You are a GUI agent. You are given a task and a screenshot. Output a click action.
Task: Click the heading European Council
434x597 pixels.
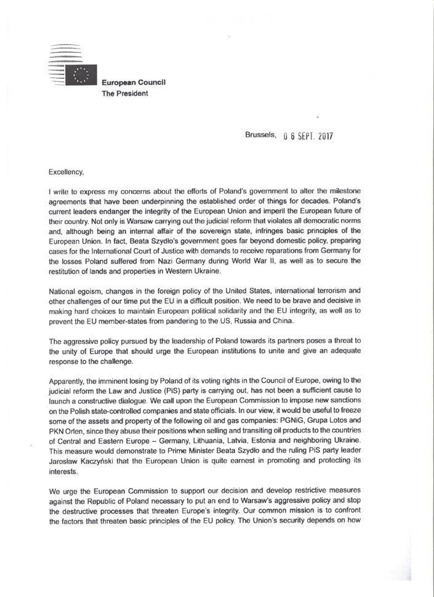pos(134,83)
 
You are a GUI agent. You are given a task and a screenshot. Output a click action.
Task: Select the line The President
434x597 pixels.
pos(125,94)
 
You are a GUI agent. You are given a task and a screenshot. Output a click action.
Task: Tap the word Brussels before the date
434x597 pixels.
pos(260,135)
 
